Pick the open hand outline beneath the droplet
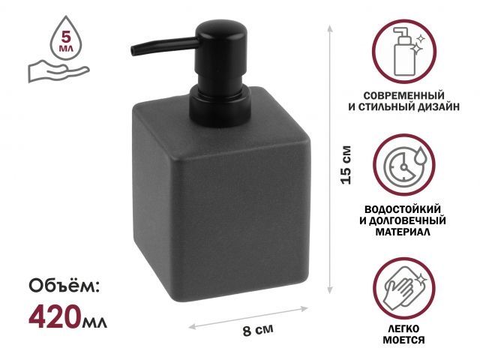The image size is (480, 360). [57, 71]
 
